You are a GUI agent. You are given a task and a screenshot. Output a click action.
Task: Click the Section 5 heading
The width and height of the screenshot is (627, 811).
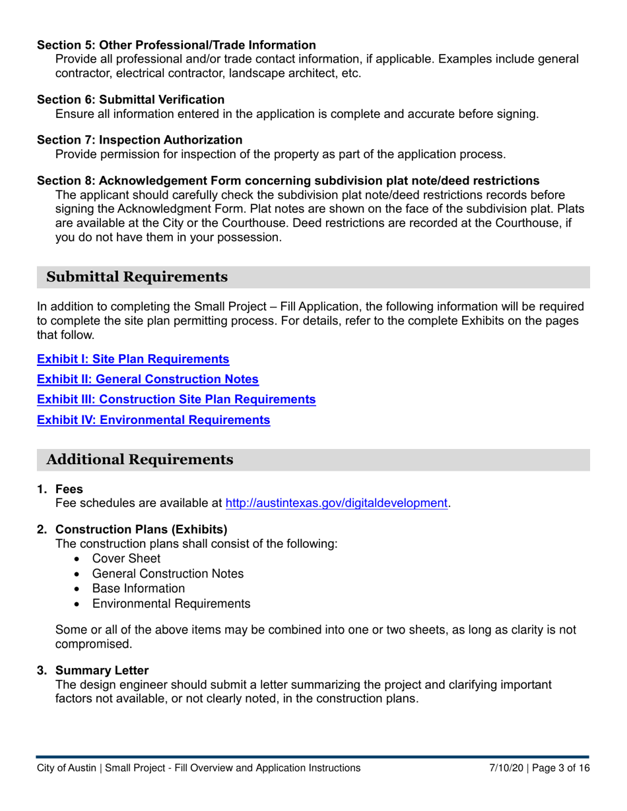176,45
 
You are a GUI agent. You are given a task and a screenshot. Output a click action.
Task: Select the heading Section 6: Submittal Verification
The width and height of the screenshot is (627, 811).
131,100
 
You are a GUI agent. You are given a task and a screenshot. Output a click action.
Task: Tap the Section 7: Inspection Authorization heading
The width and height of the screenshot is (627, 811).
139,140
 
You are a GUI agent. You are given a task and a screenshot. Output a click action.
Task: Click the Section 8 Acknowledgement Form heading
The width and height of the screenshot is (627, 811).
288,181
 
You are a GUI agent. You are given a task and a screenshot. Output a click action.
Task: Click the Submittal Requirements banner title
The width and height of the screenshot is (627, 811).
137,277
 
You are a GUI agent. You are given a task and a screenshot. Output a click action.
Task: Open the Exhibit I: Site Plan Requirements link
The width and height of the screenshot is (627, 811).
133,359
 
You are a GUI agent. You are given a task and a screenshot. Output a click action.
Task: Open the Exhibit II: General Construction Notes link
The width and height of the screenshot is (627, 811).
148,379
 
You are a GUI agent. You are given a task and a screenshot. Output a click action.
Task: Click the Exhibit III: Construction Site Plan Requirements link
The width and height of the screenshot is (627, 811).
176,399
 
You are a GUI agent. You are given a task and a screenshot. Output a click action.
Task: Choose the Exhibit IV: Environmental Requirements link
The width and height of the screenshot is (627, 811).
154,419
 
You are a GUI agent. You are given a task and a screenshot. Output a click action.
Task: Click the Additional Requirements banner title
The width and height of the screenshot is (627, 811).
139,460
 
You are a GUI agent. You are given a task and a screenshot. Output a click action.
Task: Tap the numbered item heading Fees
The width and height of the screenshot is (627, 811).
69,489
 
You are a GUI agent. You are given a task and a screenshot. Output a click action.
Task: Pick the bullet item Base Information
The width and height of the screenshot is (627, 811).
138,588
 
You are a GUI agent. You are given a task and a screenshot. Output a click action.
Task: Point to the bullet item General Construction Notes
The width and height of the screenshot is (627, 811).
168,574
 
